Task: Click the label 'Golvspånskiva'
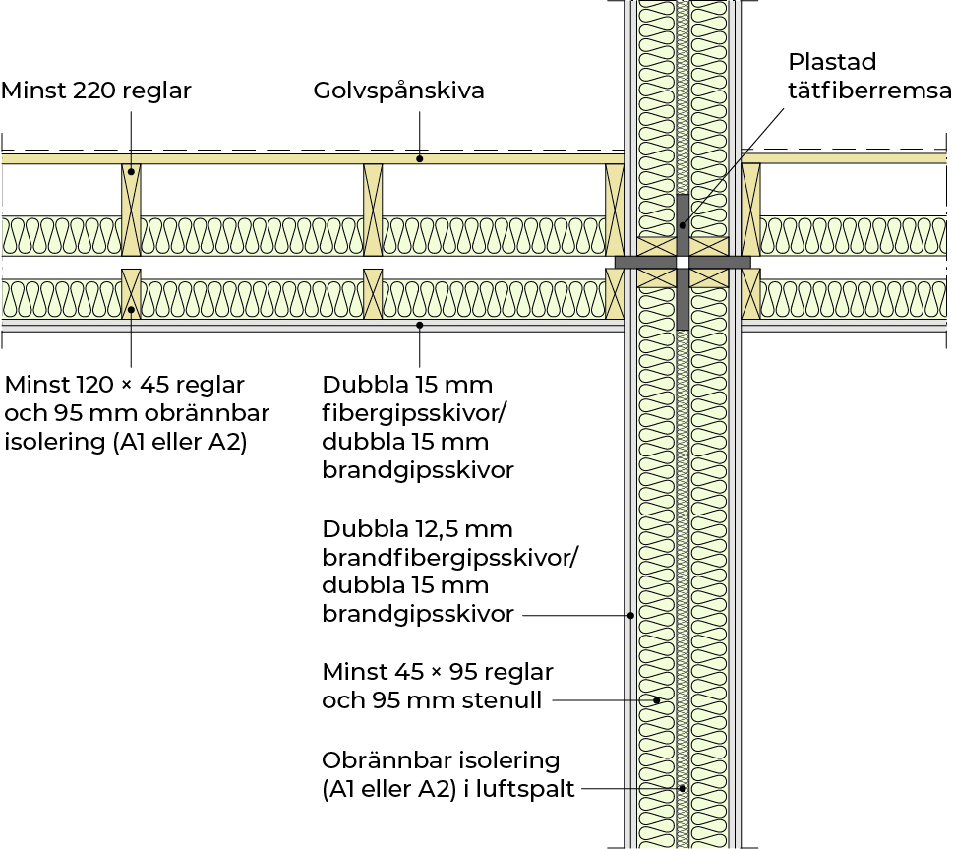(x=399, y=91)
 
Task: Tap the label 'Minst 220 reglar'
(x=96, y=91)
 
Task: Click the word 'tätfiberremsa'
(x=869, y=91)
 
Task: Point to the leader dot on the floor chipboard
(x=420, y=157)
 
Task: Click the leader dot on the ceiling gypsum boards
(x=420, y=324)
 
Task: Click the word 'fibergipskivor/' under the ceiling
(x=405, y=412)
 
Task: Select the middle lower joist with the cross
(x=373, y=293)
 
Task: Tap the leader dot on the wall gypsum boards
(x=630, y=616)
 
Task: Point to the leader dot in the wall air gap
(x=682, y=788)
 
